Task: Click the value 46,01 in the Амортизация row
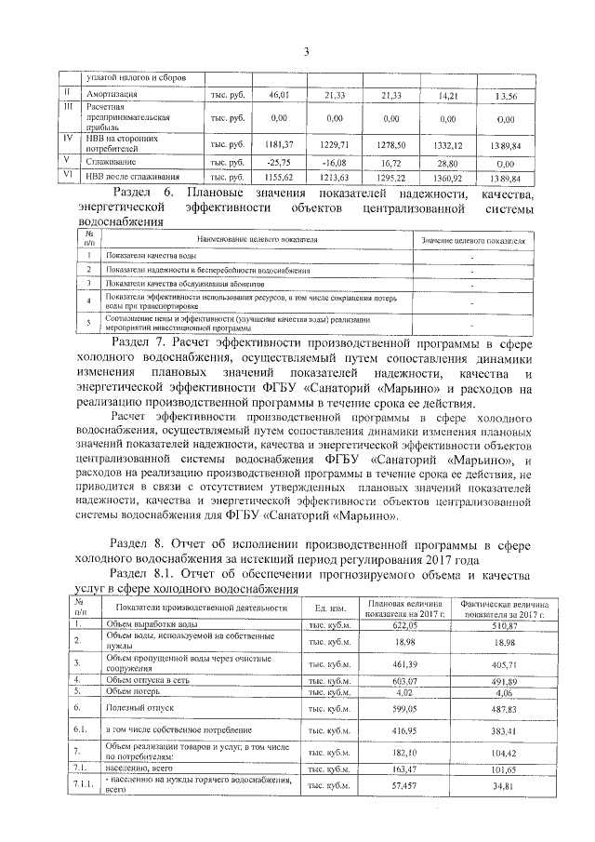click(x=279, y=96)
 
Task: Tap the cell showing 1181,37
click(x=278, y=144)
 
